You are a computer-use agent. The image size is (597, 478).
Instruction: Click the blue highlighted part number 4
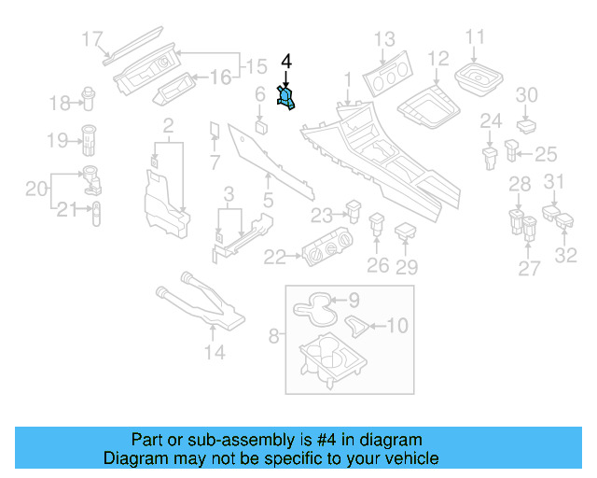(x=286, y=97)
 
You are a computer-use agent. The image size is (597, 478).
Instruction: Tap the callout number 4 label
(x=286, y=63)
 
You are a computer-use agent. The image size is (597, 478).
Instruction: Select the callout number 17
(x=91, y=39)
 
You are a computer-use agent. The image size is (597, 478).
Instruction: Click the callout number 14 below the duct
(x=215, y=352)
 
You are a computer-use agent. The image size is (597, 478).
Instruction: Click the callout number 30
(x=527, y=94)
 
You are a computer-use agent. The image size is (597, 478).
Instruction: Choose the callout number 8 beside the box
(x=274, y=332)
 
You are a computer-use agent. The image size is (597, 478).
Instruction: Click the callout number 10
(x=396, y=326)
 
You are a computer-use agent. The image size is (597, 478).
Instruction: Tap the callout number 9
(x=354, y=301)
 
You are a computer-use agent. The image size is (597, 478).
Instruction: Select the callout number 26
(x=377, y=266)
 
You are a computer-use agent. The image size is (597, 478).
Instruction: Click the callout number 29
(x=407, y=267)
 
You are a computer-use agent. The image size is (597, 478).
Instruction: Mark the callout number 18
(x=60, y=102)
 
